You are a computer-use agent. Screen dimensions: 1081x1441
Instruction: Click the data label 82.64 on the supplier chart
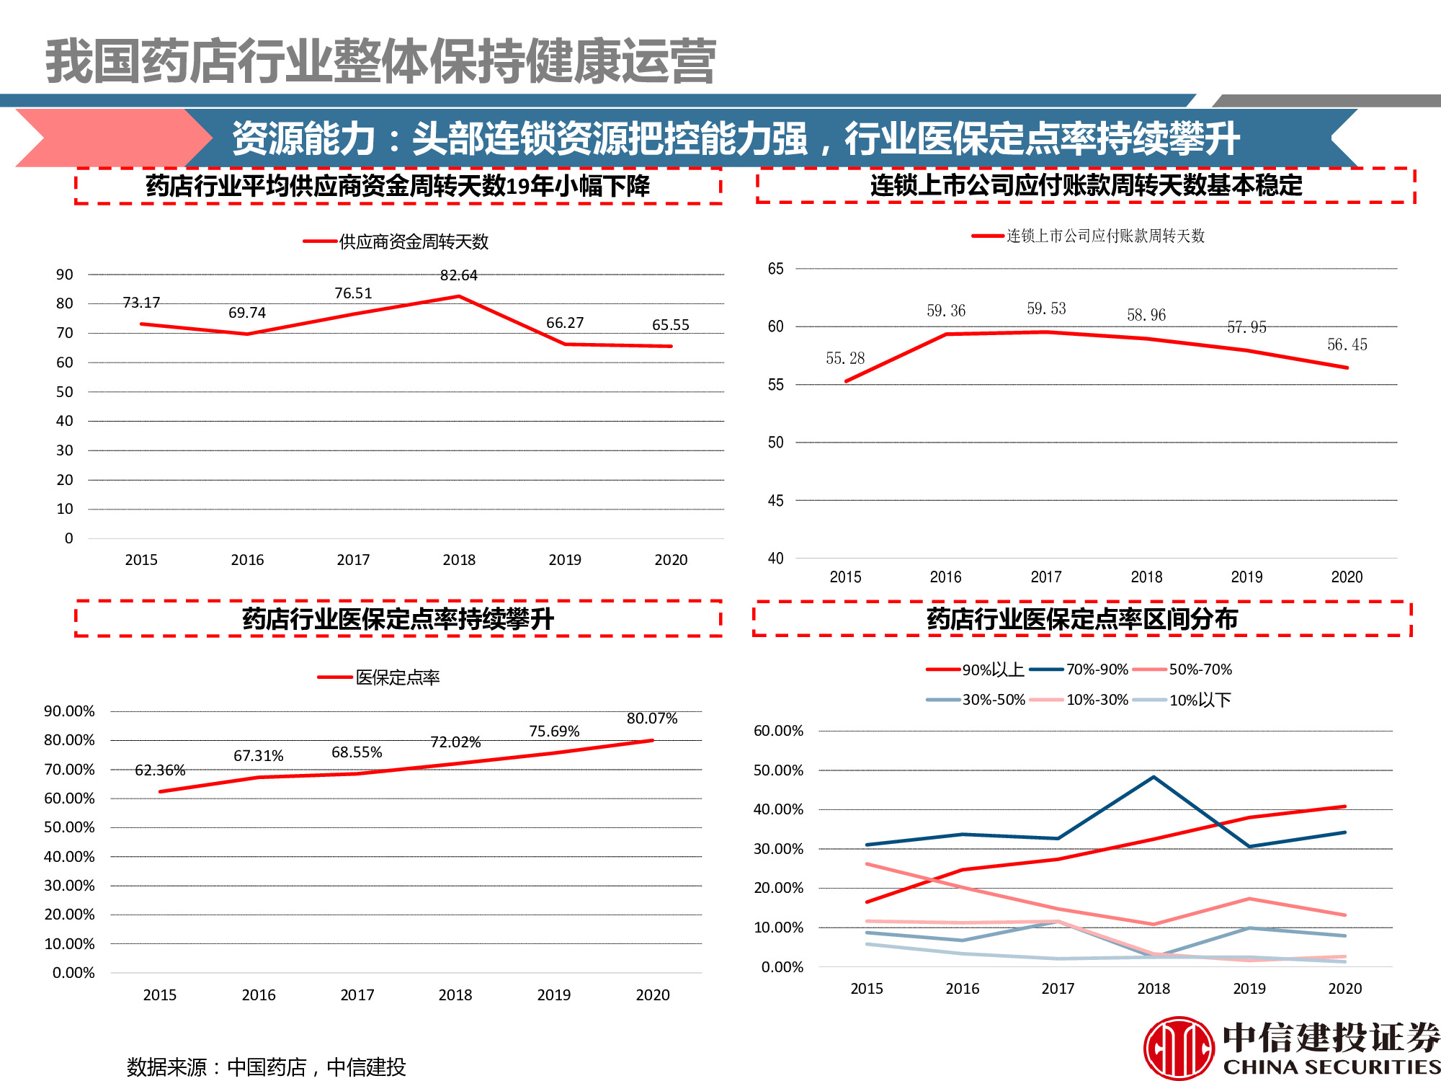coord(459,275)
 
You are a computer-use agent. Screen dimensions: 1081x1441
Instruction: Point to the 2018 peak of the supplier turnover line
coord(459,296)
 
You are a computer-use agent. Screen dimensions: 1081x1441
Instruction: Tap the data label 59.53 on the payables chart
coord(1046,308)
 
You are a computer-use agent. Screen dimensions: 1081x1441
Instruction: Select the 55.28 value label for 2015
coord(845,358)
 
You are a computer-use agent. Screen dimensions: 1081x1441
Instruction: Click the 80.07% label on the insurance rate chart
coord(652,719)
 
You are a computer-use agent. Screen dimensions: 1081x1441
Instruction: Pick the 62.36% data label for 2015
coord(160,770)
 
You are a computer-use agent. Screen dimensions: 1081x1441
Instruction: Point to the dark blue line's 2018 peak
coord(1154,777)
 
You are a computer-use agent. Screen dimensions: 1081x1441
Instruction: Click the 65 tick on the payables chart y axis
coord(775,269)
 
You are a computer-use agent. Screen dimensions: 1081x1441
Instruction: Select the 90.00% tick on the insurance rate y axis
coord(69,711)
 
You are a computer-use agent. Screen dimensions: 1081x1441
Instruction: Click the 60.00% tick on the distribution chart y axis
coord(778,731)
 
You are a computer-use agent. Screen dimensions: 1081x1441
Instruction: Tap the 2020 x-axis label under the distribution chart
coord(1344,989)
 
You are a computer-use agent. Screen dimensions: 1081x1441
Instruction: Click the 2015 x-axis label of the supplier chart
coord(141,560)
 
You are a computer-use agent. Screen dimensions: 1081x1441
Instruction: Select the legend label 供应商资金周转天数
coord(414,241)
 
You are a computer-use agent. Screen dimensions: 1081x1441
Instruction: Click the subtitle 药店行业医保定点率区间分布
coord(1081,619)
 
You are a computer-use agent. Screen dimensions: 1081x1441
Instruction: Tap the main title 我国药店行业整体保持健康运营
coord(380,62)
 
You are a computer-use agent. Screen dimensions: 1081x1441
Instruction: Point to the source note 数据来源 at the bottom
coord(266,1067)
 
